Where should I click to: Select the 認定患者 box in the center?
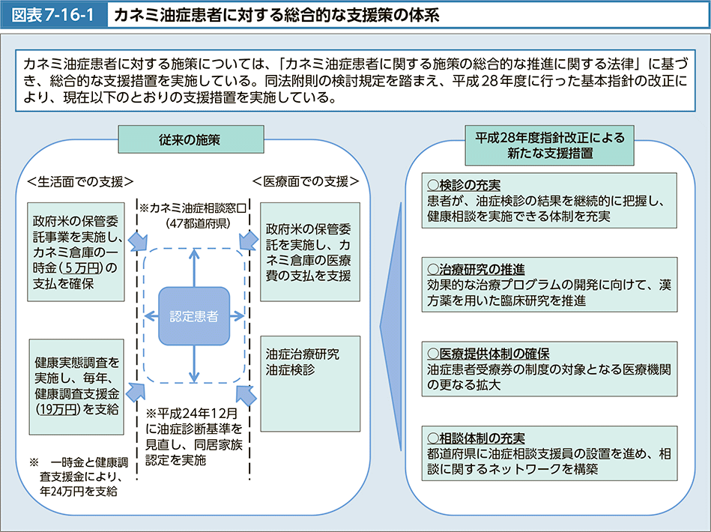pyautogui.click(x=193, y=315)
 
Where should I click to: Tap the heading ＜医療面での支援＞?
pyautogui.click(x=306, y=181)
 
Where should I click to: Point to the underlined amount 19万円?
pyautogui.click(x=56, y=409)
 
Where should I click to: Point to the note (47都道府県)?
pyautogui.click(x=197, y=223)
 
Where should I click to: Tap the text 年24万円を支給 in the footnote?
pyautogui.click(x=79, y=491)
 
